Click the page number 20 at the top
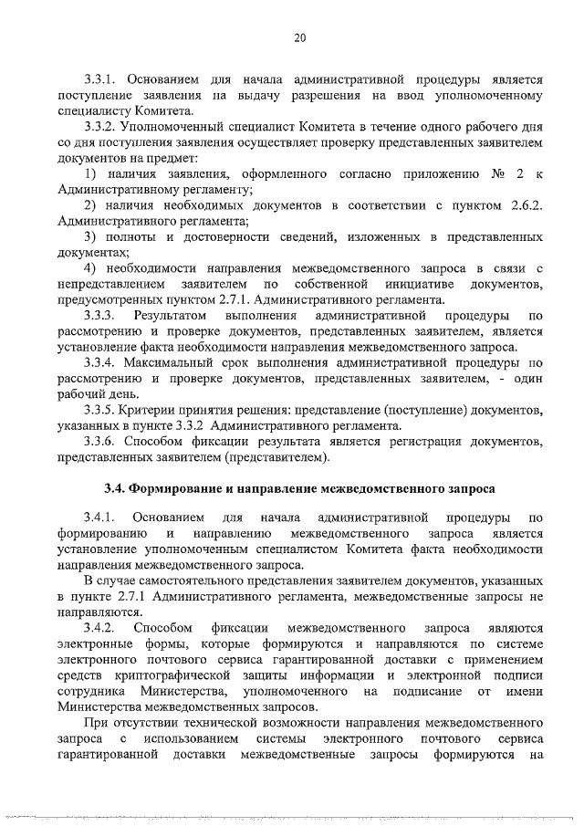[x=299, y=37]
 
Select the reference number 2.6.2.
[x=523, y=204]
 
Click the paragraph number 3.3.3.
[x=100, y=315]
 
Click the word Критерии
[x=159, y=409]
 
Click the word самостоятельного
[x=209, y=581]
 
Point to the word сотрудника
[x=92, y=691]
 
